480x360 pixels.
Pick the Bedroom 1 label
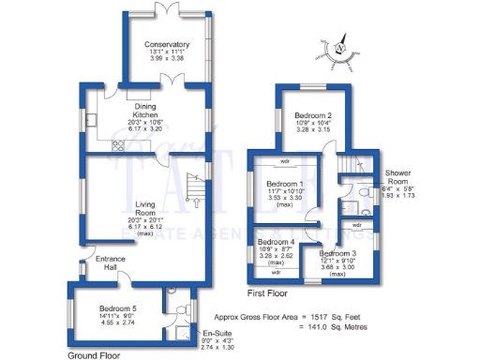[x=284, y=184]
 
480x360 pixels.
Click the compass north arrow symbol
[x=340, y=44]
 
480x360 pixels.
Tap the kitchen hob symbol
[x=118, y=145]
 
